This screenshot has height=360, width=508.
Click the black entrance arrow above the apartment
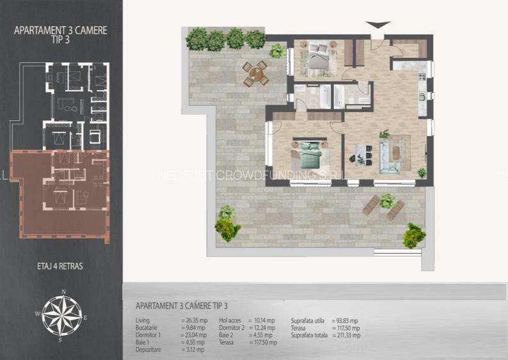[x=378, y=25]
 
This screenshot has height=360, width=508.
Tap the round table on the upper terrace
[x=255, y=74]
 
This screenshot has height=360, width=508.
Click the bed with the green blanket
[x=312, y=153]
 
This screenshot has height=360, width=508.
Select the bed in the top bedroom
[x=319, y=56]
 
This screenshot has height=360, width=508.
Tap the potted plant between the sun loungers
[x=386, y=201]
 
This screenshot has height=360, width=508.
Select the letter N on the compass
[x=63, y=292]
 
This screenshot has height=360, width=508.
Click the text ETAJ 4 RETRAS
[x=61, y=265]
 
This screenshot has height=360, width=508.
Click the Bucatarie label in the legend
[x=147, y=327]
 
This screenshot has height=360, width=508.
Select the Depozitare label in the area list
[x=148, y=350]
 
